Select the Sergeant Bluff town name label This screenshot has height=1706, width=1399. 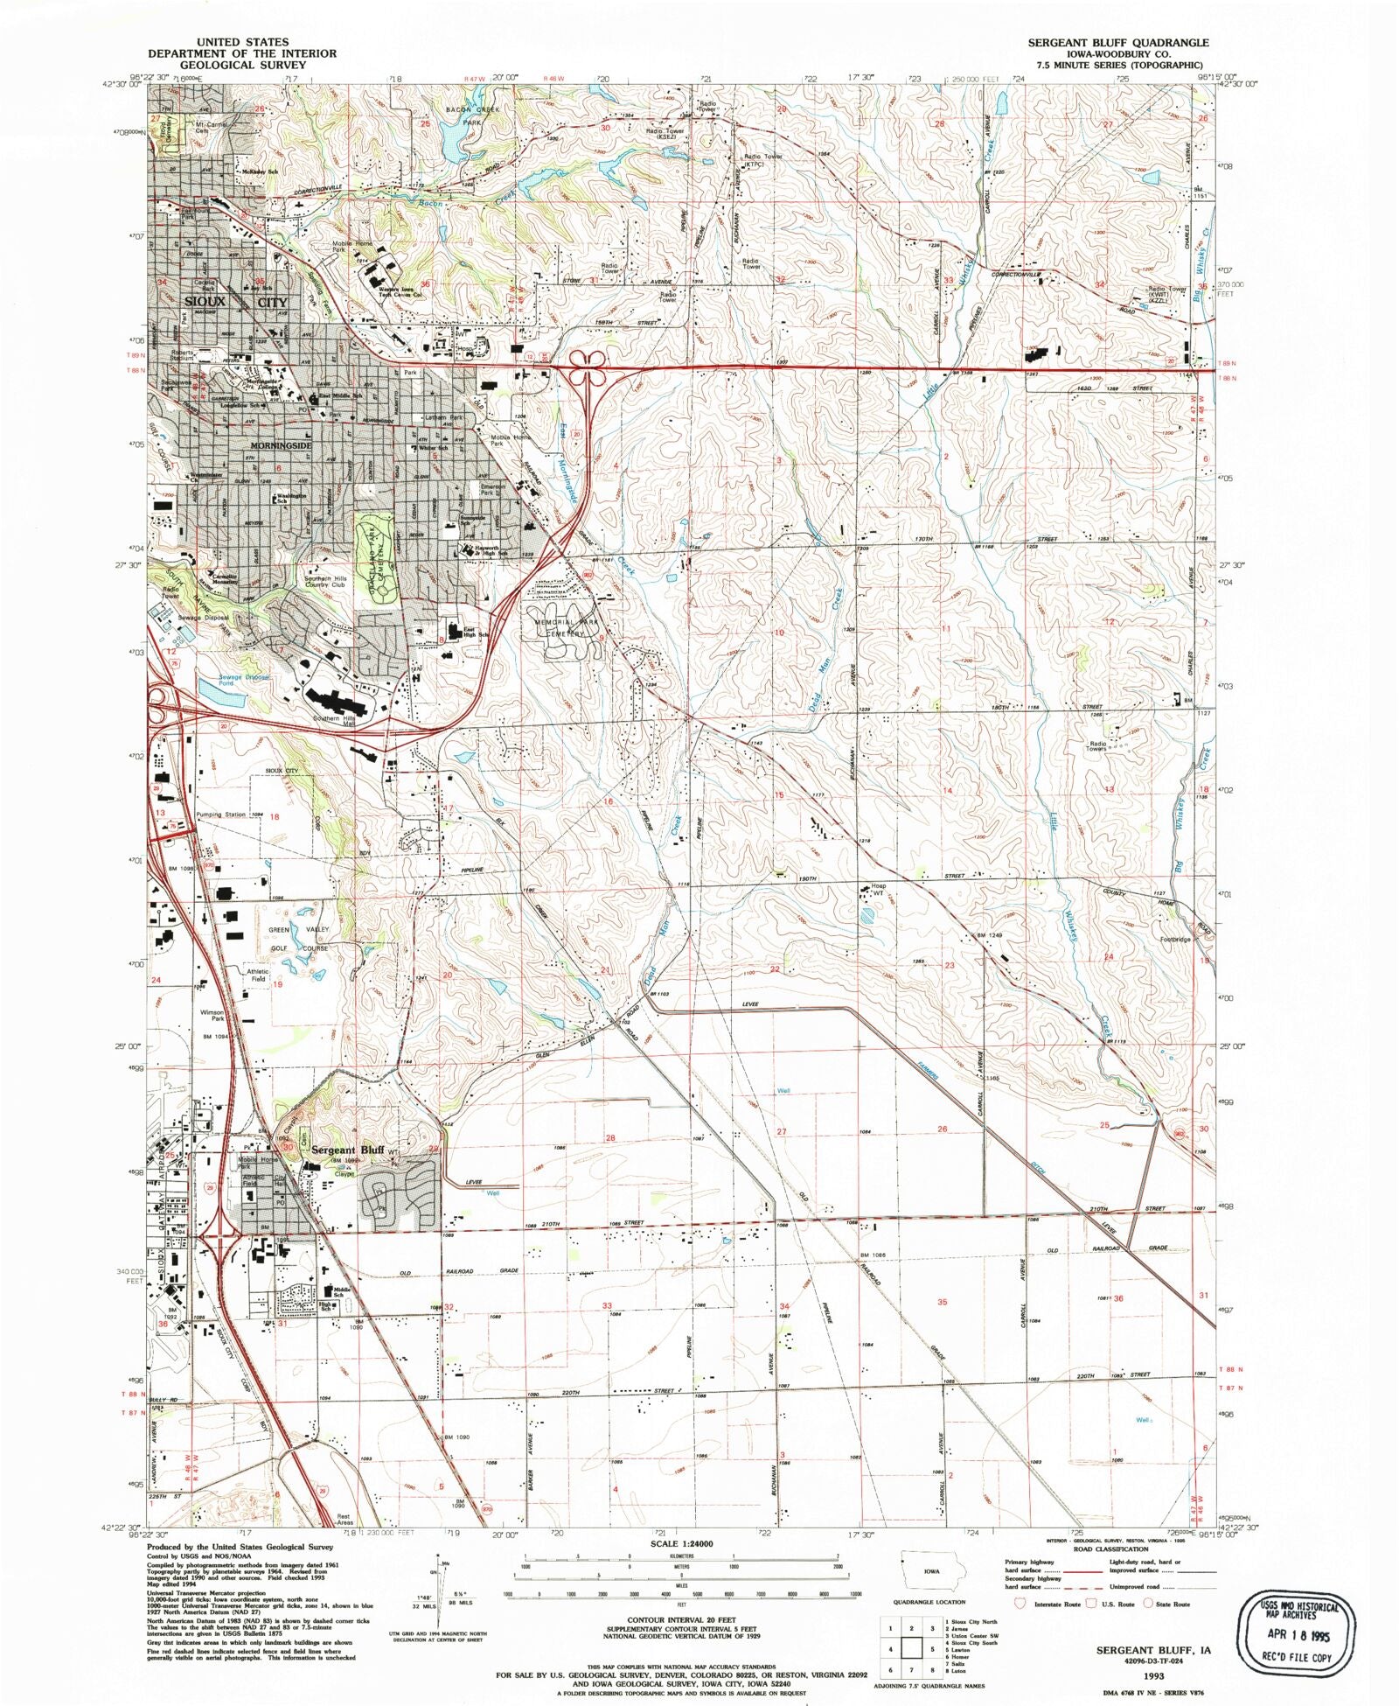click(348, 1150)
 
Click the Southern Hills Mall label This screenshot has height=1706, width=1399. click(338, 722)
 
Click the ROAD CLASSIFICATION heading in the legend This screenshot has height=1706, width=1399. click(1110, 1549)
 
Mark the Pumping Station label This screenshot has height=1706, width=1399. click(220, 815)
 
